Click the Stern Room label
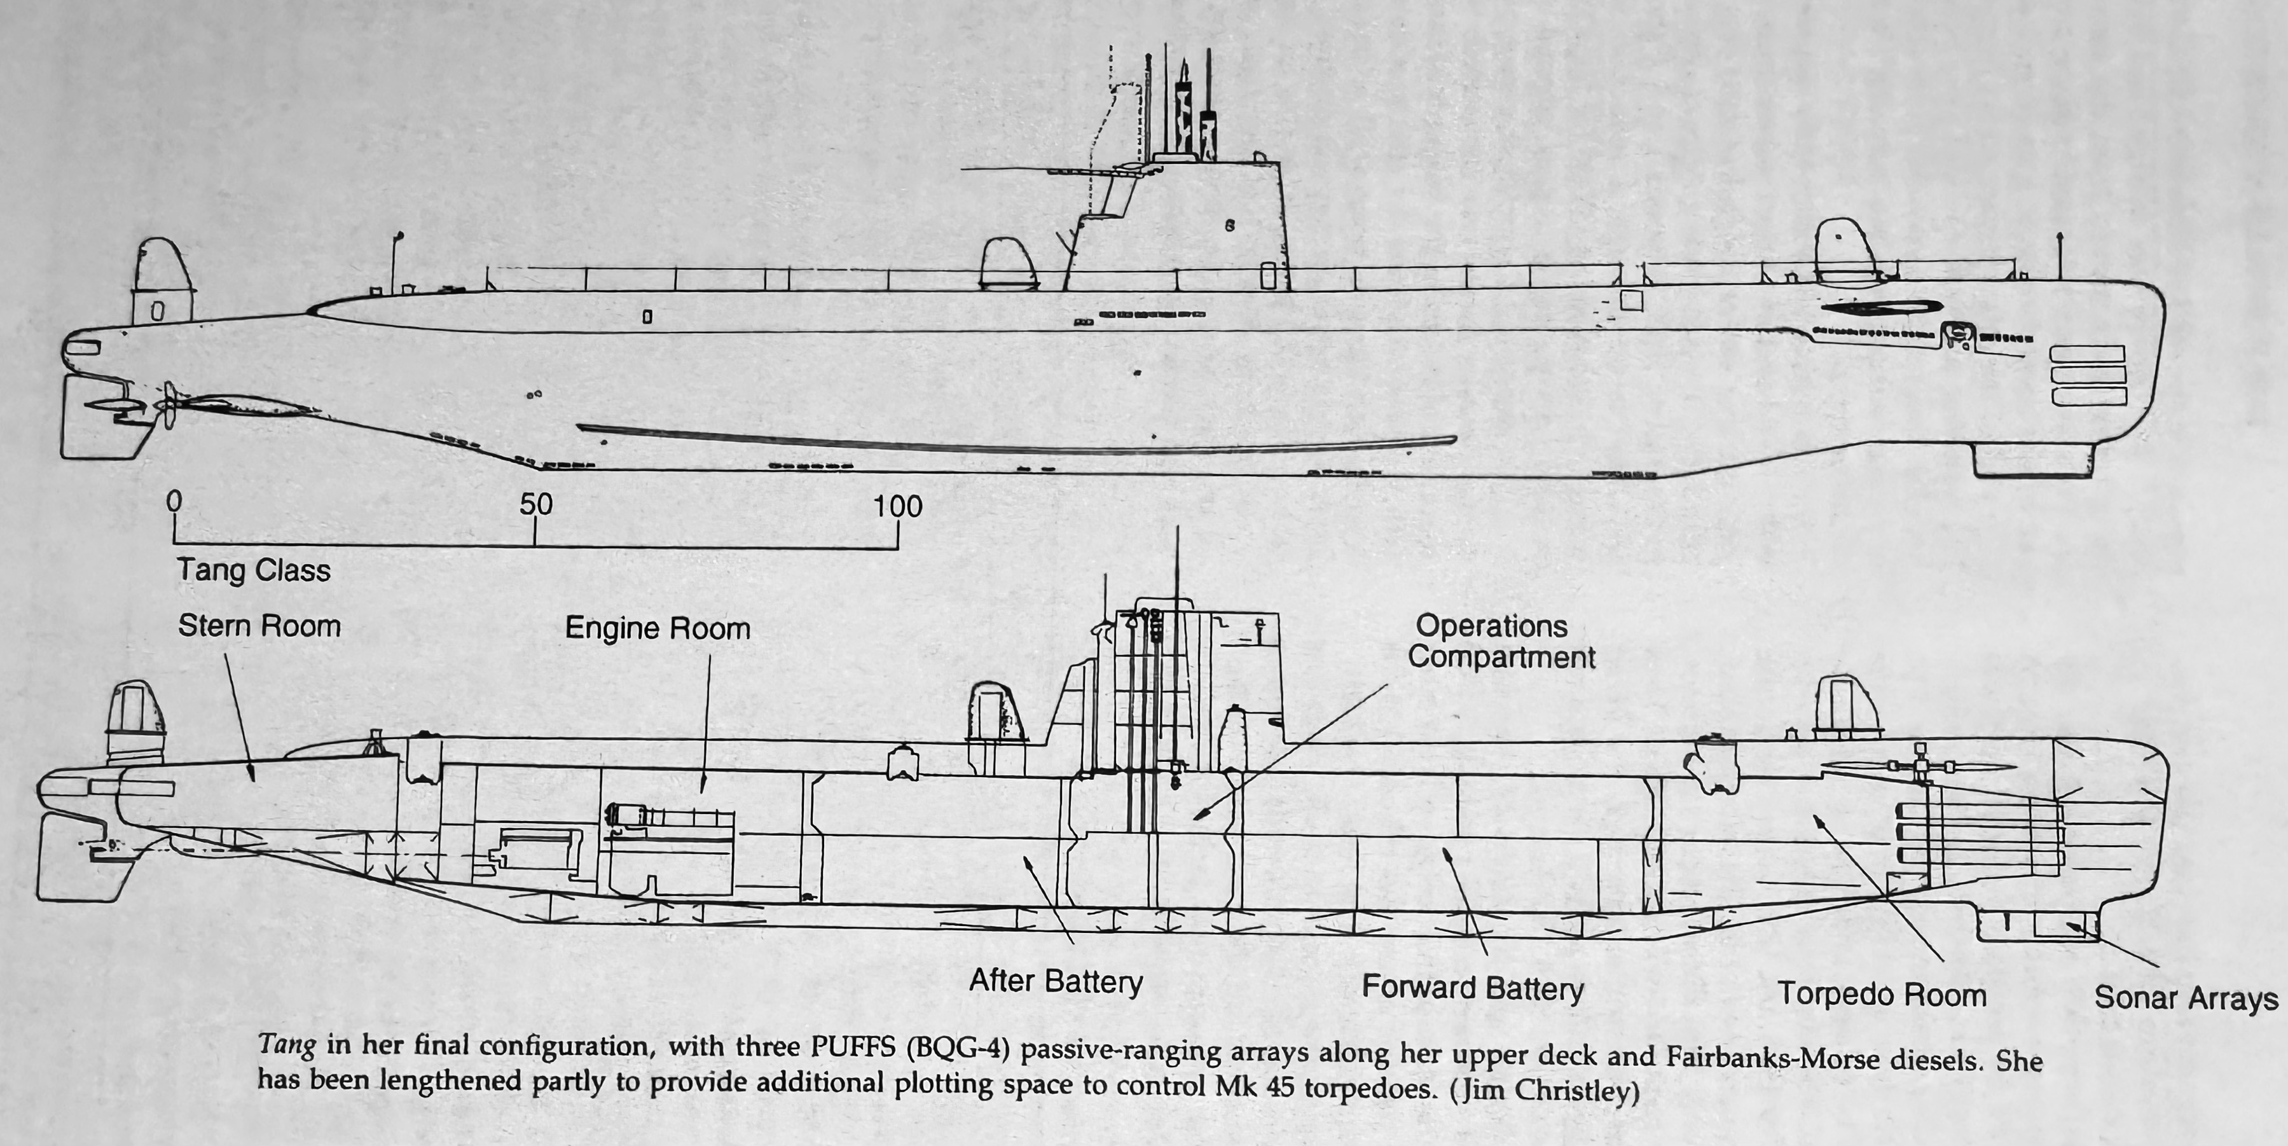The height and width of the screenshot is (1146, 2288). coord(259,626)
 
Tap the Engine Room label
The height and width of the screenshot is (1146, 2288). coord(658,629)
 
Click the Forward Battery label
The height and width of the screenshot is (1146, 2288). coord(1473,988)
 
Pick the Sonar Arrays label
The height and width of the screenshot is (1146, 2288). coord(2186,998)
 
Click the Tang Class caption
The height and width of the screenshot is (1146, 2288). coord(253,570)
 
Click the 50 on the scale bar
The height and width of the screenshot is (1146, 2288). coord(535,504)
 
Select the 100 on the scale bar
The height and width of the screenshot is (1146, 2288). coord(897,506)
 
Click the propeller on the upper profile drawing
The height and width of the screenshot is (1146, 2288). coord(168,404)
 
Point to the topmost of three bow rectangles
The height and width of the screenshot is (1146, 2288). coord(2086,354)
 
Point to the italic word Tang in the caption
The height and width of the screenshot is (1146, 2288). coord(286,1045)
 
